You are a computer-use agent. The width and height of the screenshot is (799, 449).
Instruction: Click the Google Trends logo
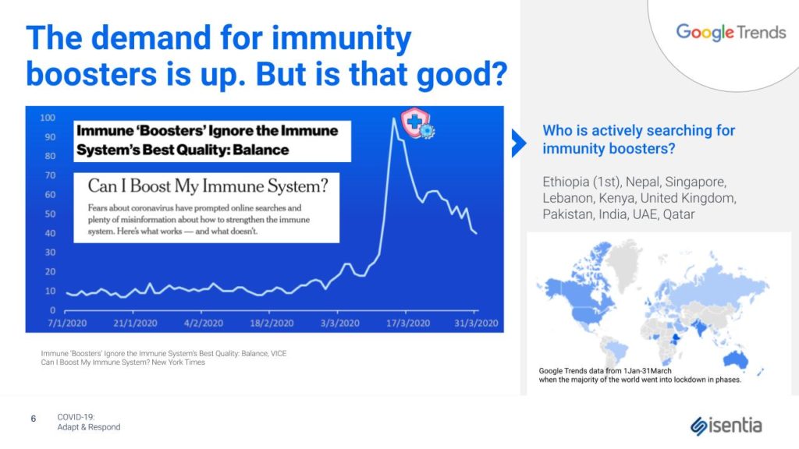point(730,33)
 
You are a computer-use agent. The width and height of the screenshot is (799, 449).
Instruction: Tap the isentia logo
point(726,426)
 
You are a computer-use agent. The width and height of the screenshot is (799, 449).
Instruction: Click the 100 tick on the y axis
point(48,118)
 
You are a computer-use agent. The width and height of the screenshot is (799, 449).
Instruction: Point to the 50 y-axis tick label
point(50,214)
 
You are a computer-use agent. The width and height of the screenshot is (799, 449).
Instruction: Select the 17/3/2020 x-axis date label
point(407,323)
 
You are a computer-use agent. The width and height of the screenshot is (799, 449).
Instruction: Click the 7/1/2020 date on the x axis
point(67,323)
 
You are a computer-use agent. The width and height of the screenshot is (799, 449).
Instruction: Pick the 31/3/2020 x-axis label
point(476,323)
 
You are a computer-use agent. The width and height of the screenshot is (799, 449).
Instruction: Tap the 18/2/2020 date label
point(272,323)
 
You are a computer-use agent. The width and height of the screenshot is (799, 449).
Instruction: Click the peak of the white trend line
point(393,118)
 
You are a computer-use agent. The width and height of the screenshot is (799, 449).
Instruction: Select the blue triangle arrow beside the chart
point(519,143)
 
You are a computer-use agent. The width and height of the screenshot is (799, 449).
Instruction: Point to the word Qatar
point(679,214)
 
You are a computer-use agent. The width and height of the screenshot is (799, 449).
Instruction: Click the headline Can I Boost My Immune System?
point(208,186)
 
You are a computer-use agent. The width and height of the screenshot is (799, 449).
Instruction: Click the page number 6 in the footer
point(34,419)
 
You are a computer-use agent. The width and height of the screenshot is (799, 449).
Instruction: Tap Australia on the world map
point(735,359)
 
